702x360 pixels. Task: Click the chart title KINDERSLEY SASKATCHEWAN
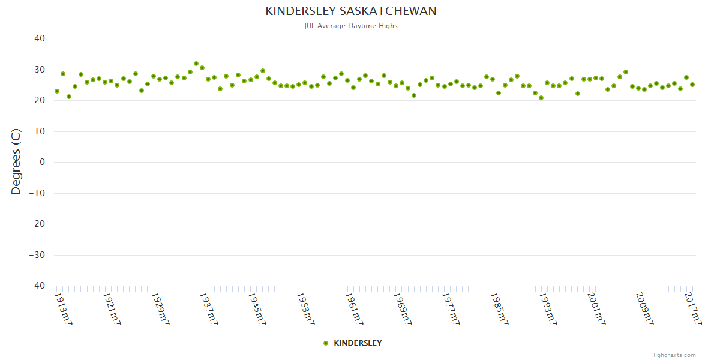coord(351,11)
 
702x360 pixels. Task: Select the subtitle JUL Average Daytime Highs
coord(351,26)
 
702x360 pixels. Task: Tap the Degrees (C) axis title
coord(16,161)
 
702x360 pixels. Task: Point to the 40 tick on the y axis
coord(40,38)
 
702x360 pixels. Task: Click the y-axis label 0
coord(42,162)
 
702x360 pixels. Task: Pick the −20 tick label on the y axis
coord(37,224)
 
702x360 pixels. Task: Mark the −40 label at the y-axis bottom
coord(37,286)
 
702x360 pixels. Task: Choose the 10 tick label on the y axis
coord(40,131)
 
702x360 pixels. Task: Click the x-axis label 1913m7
coord(63,308)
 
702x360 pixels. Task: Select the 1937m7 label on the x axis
coord(208,308)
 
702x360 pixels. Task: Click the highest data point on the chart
coord(196,64)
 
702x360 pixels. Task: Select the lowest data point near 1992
coord(541,98)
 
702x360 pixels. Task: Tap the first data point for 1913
coord(57,91)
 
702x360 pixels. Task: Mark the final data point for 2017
coord(692,85)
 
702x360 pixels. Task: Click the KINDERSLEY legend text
coord(358,343)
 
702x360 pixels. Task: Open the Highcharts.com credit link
coord(673,355)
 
